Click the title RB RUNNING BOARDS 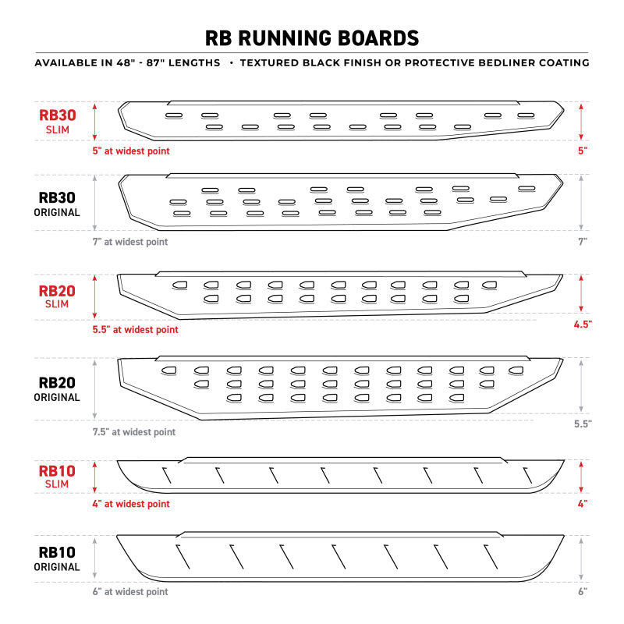pyautogui.click(x=312, y=37)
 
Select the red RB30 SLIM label pyautogui.click(x=58, y=121)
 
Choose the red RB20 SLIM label pyautogui.click(x=58, y=298)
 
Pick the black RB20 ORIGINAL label pyautogui.click(x=58, y=389)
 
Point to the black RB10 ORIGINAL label pyautogui.click(x=58, y=558)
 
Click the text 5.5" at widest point pyautogui.click(x=135, y=330)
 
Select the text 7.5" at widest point pyautogui.click(x=134, y=432)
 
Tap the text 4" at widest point pyautogui.click(x=131, y=504)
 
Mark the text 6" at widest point pyautogui.click(x=130, y=592)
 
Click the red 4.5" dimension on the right pyautogui.click(x=581, y=323)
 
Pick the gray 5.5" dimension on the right pyautogui.click(x=581, y=424)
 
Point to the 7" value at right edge pyautogui.click(x=582, y=242)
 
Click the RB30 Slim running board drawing pyautogui.click(x=341, y=120)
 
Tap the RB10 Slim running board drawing pyautogui.click(x=341, y=475)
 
